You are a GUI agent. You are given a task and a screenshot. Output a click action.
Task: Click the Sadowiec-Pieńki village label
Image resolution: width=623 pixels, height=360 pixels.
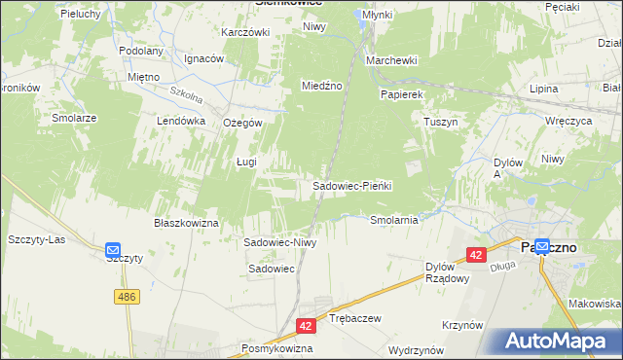pyautogui.click(x=350, y=186)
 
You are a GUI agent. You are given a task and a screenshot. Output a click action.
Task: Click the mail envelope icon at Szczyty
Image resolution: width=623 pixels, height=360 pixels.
pyautogui.click(x=112, y=249)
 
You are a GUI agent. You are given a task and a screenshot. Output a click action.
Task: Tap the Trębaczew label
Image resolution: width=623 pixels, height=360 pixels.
pyautogui.click(x=353, y=318)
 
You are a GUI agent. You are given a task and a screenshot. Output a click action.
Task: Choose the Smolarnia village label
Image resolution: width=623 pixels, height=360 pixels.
pyautogui.click(x=394, y=220)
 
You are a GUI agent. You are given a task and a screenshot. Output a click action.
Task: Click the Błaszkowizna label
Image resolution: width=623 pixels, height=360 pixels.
pyautogui.click(x=186, y=223)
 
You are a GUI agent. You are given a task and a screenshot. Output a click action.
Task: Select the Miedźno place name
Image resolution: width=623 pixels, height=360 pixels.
pyautogui.click(x=322, y=86)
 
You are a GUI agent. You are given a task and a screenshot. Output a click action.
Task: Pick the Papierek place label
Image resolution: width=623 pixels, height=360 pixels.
pyautogui.click(x=401, y=94)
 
